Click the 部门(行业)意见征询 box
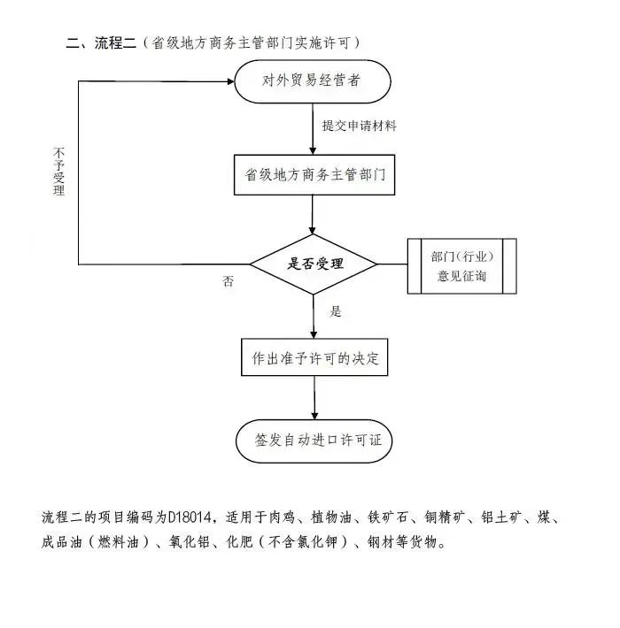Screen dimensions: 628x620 click(x=461, y=266)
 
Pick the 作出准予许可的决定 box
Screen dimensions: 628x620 click(x=315, y=358)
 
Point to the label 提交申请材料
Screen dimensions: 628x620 click(x=359, y=126)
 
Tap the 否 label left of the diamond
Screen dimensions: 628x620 click(x=229, y=281)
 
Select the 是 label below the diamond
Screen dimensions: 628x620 click(x=336, y=311)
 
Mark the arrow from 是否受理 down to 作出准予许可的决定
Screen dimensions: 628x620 click(x=314, y=314)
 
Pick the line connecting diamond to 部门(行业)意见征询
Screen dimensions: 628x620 click(x=392, y=264)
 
